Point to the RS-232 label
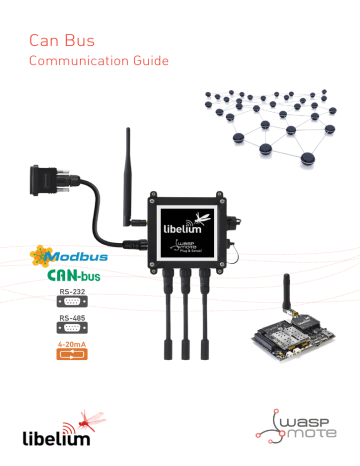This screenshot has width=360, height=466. tap(71, 293)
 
